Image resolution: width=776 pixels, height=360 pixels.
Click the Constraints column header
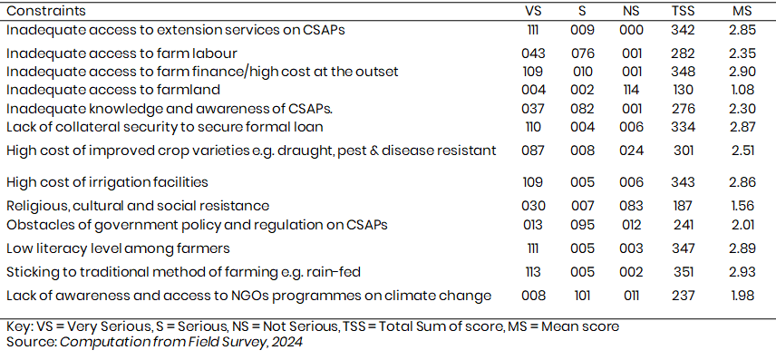46,11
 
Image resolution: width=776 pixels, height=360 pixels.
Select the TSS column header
683,11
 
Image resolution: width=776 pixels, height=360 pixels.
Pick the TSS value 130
683,90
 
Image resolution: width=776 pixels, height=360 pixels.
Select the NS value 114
632,90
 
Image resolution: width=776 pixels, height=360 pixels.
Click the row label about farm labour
121,53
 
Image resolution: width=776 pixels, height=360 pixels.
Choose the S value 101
582,296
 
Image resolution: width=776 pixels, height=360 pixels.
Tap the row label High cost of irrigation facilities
107,182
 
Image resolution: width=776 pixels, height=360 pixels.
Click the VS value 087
533,151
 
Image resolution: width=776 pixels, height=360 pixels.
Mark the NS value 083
632,206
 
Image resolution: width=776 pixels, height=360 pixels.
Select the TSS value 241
683,225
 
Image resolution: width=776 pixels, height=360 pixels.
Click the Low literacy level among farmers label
118,248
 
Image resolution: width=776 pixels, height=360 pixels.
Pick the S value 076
582,53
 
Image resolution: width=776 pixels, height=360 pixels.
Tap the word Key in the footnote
18,326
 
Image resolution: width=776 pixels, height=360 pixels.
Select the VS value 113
533,272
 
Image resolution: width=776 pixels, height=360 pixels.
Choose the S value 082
582,109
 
